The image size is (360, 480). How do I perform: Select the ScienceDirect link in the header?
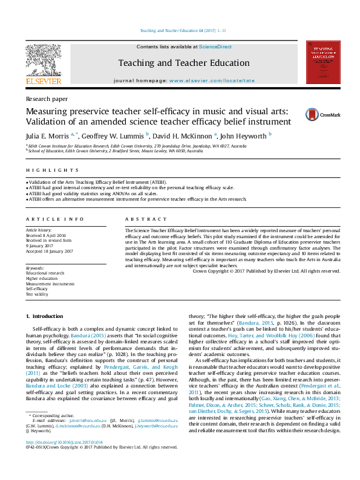[x=215, y=47]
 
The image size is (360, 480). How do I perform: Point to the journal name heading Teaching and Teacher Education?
[x=183, y=62]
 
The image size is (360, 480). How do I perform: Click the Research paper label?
[x=47, y=99]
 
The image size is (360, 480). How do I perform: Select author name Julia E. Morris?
[x=47, y=135]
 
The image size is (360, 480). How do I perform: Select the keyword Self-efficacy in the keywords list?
[x=36, y=289]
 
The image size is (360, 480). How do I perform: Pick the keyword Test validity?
[x=36, y=294]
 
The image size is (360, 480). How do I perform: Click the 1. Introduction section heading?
[x=45, y=316]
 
